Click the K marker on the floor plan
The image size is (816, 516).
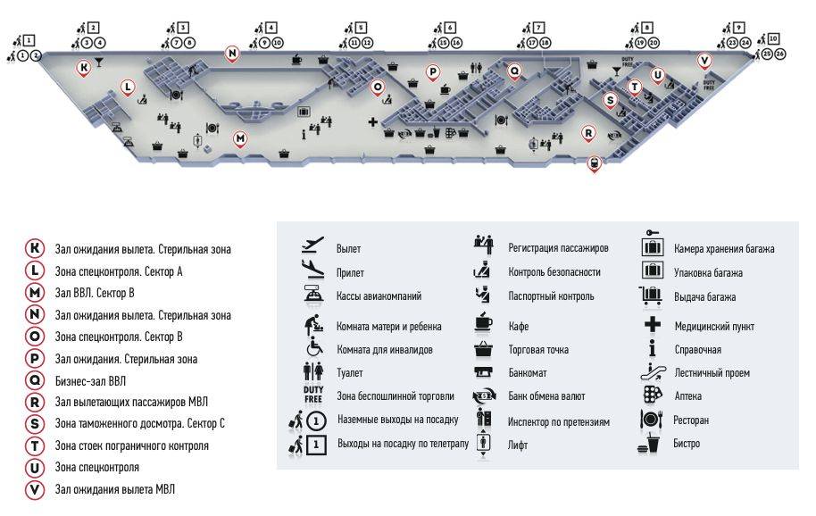pos(83,68)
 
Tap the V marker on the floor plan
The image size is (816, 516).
pos(704,61)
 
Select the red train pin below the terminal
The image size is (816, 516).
pos(594,164)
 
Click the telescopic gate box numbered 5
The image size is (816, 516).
pos(361,28)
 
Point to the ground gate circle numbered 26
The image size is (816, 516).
pos(779,54)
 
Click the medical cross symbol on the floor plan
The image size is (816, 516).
pos(372,121)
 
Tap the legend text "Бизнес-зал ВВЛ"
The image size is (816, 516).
pos(90,381)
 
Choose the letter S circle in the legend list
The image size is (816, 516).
pos(35,424)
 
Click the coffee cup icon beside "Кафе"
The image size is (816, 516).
pos(484,322)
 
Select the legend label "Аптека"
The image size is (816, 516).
pos(688,395)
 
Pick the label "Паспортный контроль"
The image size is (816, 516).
pos(551,296)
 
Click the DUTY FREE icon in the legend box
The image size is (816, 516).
pos(313,395)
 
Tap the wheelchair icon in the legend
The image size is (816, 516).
pos(314,347)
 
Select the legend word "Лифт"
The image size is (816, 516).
pos(518,445)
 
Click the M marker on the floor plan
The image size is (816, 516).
pos(240,139)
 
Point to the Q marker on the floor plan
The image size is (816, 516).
pos(514,71)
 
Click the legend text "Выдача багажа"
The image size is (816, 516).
pos(704,297)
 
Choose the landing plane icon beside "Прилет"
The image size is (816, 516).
pos(312,269)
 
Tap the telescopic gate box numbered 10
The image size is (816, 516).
pos(773,38)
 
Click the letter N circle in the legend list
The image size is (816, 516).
pos(35,314)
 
